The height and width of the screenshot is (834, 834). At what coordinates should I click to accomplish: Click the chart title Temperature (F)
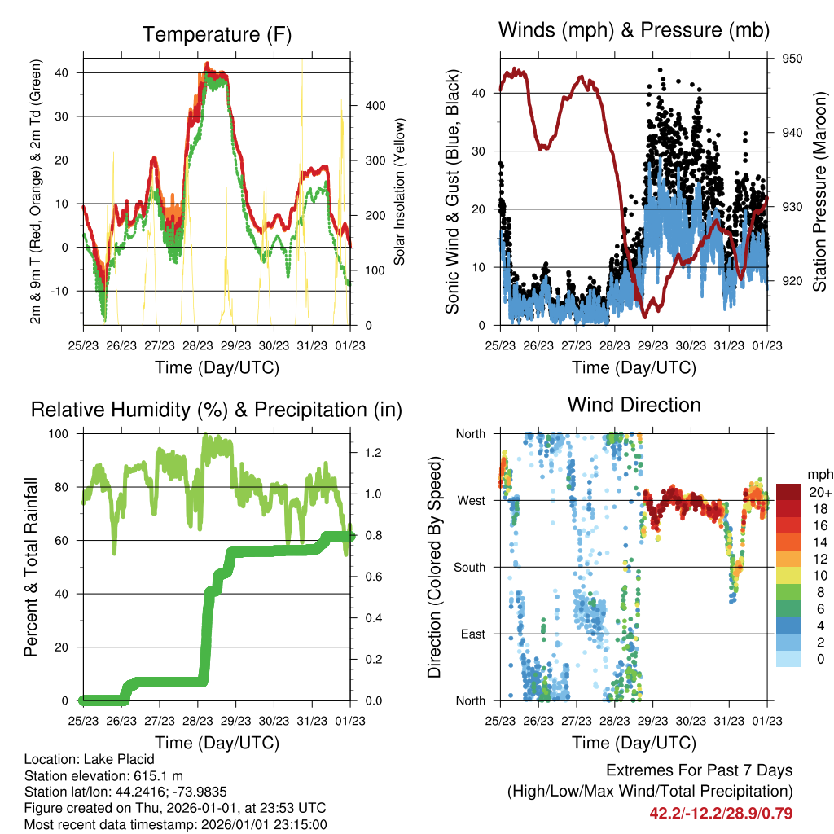pyautogui.click(x=217, y=34)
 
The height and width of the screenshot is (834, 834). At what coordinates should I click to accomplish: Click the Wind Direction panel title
pyautogui.click(x=634, y=405)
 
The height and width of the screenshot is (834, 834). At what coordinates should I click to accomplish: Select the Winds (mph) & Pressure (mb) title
pyautogui.click(x=634, y=30)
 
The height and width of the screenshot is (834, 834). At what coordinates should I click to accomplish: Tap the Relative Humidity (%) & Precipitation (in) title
pyautogui.click(x=217, y=410)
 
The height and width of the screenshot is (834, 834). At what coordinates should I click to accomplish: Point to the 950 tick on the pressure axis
pyautogui.click(x=792, y=59)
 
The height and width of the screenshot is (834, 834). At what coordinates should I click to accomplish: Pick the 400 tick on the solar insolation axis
pyautogui.click(x=375, y=105)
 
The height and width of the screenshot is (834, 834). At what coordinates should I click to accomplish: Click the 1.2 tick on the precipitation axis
pyautogui.click(x=373, y=453)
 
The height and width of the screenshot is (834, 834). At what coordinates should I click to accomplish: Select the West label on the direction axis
pyautogui.click(x=472, y=501)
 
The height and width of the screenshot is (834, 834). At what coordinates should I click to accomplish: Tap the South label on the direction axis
pyautogui.click(x=470, y=568)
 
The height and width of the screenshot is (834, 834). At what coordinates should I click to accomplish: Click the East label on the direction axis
pyautogui.click(x=473, y=634)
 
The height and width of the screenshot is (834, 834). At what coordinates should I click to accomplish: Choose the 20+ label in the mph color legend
pyautogui.click(x=820, y=492)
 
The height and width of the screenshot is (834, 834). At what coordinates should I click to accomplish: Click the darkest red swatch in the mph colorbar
pyautogui.click(x=788, y=492)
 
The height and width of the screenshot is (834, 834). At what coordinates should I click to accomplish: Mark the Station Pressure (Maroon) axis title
pyautogui.click(x=819, y=191)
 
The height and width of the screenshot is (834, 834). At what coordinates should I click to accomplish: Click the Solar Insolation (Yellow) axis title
pyautogui.click(x=399, y=191)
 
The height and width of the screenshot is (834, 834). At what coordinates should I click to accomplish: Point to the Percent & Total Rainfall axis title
pyautogui.click(x=31, y=567)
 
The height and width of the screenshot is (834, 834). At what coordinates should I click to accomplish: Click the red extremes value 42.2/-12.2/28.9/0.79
pyautogui.click(x=721, y=814)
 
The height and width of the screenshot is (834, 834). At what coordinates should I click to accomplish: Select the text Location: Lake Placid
pyautogui.click(x=90, y=759)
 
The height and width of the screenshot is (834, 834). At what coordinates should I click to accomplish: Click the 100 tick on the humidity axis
pyautogui.click(x=59, y=434)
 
